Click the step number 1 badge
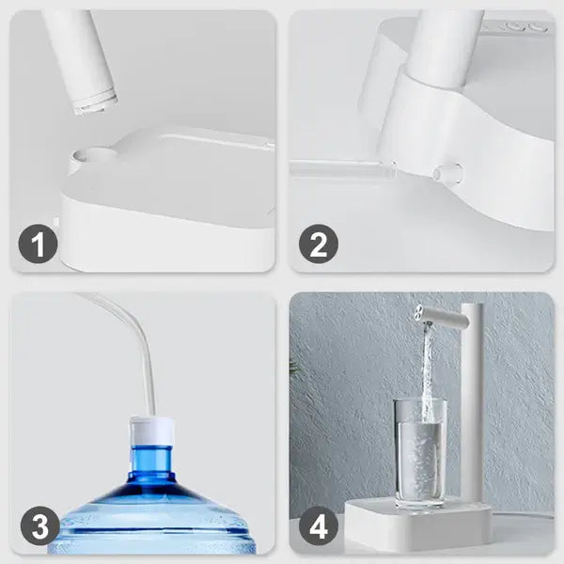point(39,243)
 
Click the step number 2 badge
point(319,243)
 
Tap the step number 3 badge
point(39,525)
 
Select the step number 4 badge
point(319,525)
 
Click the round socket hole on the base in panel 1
point(94,155)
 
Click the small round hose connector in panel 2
point(448,172)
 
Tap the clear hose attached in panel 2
point(342,168)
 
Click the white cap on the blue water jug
point(152,431)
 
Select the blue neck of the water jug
point(151,462)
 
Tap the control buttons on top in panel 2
point(518,26)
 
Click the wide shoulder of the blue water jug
point(153,510)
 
